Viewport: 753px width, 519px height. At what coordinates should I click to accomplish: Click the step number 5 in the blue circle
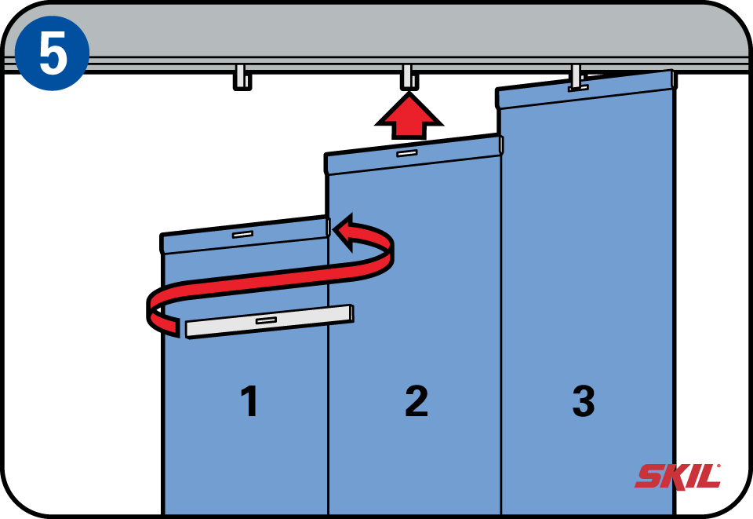(x=53, y=53)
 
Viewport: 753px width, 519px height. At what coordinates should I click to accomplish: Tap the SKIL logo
(x=678, y=477)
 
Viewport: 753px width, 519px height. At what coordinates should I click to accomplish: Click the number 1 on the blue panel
(x=249, y=400)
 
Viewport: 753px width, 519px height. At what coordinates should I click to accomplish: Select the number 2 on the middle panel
(x=417, y=400)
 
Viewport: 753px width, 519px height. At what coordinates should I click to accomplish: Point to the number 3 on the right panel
(x=584, y=400)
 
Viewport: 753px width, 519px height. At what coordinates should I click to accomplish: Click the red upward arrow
(x=409, y=116)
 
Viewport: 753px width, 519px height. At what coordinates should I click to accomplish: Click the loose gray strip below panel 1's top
(x=270, y=321)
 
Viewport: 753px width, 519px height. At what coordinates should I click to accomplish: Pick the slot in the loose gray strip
(x=266, y=320)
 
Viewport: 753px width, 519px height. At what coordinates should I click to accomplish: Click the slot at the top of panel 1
(x=242, y=235)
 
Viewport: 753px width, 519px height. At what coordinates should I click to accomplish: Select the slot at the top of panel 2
(x=407, y=153)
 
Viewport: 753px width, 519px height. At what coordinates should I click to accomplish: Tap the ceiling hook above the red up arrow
(x=409, y=77)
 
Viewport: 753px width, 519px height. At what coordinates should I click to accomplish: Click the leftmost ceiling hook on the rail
(x=242, y=77)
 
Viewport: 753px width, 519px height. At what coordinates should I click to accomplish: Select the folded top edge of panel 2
(x=413, y=154)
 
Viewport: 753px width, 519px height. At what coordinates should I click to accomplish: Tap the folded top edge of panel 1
(x=244, y=235)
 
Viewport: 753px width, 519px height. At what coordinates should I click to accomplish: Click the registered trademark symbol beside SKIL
(x=718, y=466)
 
